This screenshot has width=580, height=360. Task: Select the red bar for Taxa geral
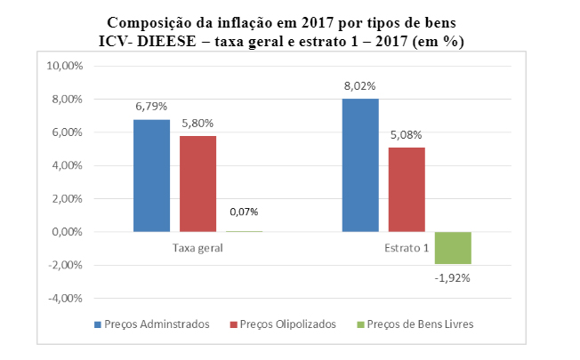click(x=197, y=183)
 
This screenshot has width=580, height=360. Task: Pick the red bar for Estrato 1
click(x=406, y=189)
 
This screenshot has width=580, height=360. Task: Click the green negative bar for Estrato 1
click(x=452, y=248)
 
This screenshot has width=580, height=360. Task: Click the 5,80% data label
click(x=197, y=123)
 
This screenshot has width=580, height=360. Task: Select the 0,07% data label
click(x=244, y=212)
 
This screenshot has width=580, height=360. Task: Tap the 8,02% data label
click(x=359, y=86)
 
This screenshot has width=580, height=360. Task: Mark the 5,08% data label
click(x=406, y=135)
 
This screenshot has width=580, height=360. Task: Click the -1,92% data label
click(x=452, y=277)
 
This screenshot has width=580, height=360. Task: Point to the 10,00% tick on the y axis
click(x=65, y=66)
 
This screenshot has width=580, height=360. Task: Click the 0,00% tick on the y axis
click(x=68, y=232)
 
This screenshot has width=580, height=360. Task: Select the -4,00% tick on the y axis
click(x=65, y=299)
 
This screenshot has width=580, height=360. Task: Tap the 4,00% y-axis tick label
click(x=68, y=165)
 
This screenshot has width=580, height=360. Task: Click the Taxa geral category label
click(x=197, y=248)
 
